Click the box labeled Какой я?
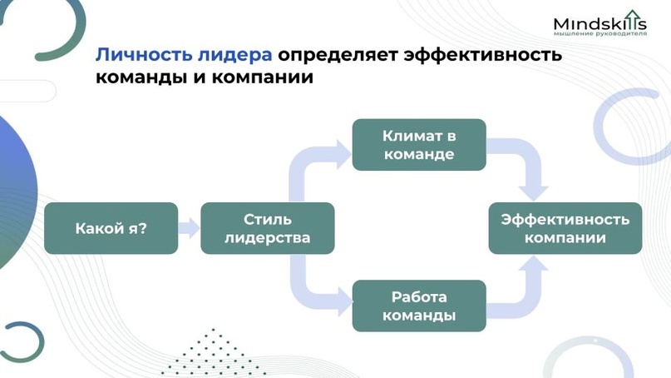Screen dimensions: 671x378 coord(111,228)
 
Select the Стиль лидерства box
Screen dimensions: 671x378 coord(268,228)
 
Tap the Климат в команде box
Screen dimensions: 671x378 coord(419,145)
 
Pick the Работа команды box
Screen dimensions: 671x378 coord(419,306)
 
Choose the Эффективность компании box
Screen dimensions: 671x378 coord(565,228)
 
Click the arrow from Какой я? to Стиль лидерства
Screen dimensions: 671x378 coord(189,228)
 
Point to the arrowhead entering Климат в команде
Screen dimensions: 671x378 coord(343,154)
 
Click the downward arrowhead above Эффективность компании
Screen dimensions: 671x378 coord(533,193)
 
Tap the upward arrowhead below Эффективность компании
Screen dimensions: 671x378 coord(533,264)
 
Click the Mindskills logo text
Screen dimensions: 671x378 coord(600,22)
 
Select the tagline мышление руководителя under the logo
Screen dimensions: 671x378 coord(600,33)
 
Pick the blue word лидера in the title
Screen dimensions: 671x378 coord(235,55)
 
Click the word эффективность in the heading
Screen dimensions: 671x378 coord(483,55)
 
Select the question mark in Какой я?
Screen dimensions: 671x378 coord(142,228)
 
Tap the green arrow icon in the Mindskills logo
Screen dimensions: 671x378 coord(632,19)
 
